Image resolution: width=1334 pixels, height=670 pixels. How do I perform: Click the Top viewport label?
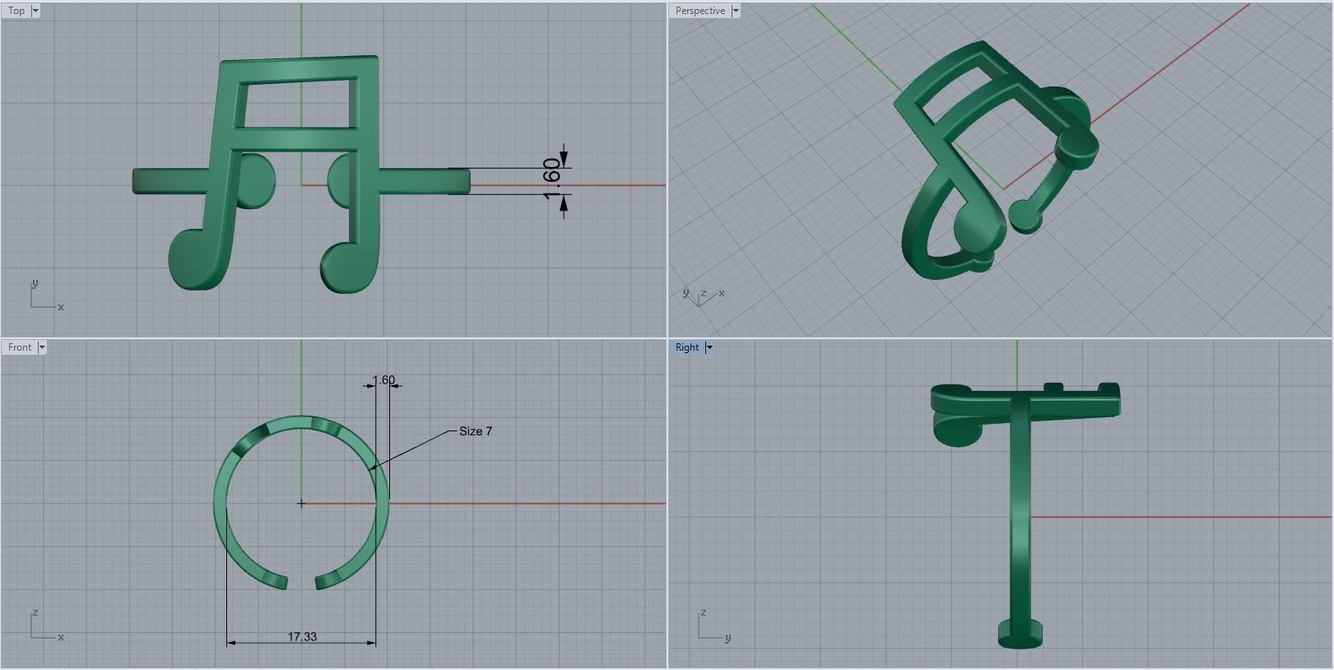tap(16, 11)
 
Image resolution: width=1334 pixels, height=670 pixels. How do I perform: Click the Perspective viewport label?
tap(700, 11)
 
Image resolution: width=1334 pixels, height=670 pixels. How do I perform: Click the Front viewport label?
tap(20, 347)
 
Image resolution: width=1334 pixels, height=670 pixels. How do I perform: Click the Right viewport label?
tap(686, 347)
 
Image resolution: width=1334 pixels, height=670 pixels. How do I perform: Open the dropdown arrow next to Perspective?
tap(736, 11)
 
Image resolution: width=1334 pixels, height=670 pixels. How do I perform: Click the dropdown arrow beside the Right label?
tap(709, 347)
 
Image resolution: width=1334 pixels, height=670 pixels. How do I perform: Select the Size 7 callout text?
tap(476, 431)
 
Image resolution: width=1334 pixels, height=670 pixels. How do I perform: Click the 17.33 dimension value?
tap(302, 636)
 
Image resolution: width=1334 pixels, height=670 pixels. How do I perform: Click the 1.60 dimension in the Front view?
tap(383, 380)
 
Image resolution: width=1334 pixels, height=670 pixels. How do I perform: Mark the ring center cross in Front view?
tap(301, 503)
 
